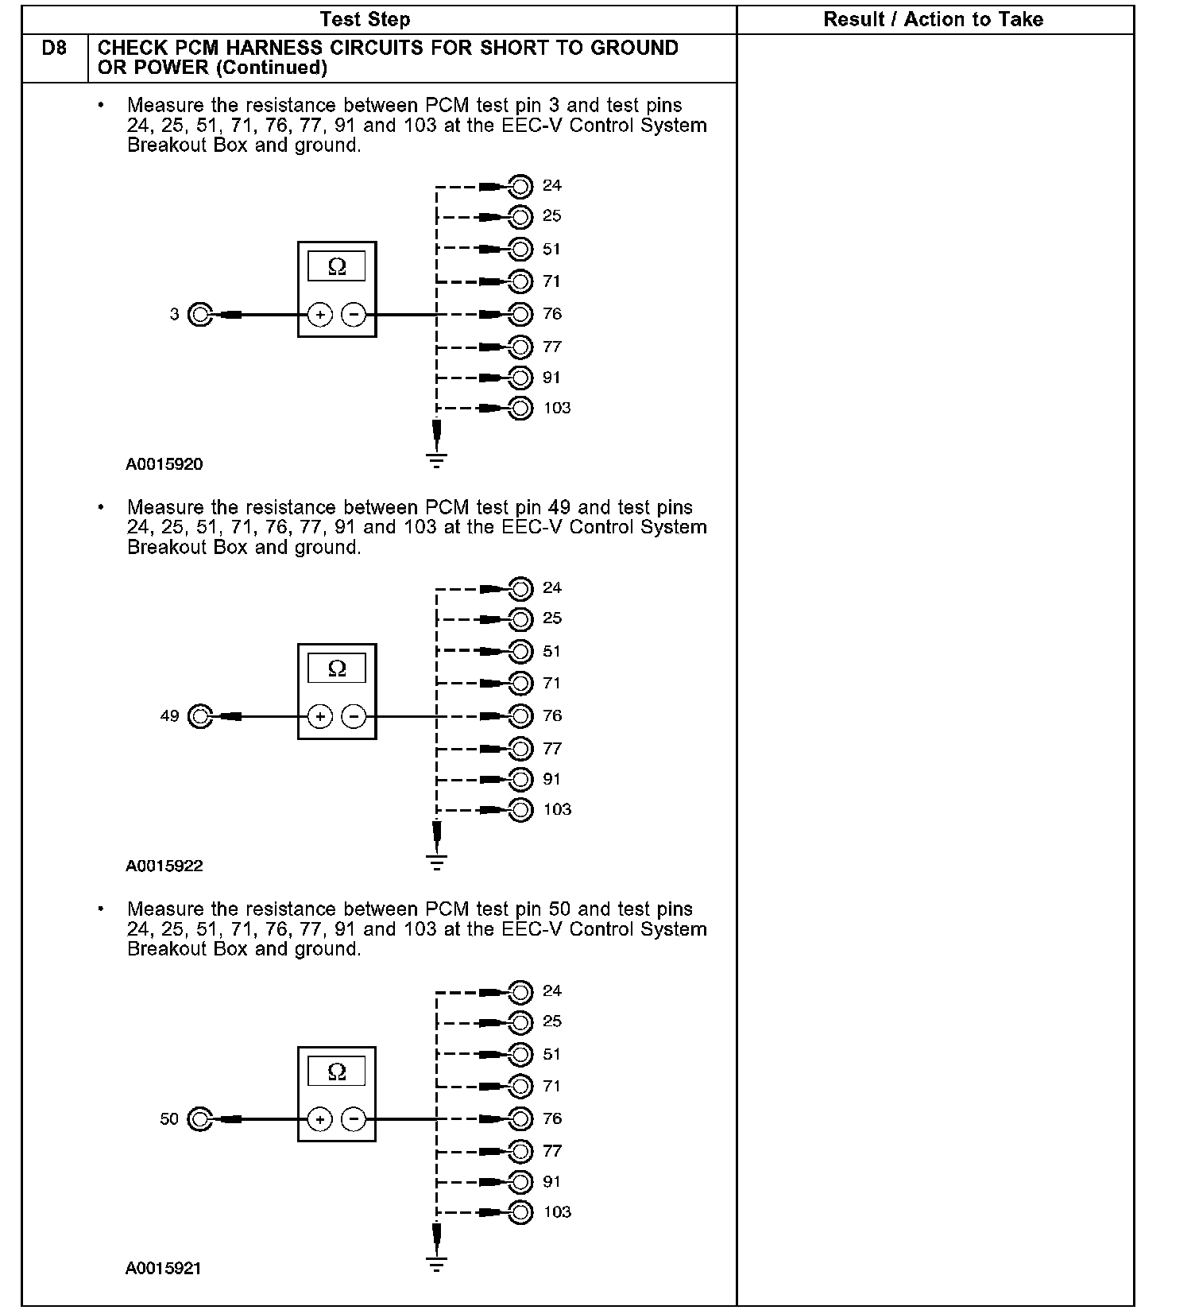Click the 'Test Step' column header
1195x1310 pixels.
[x=365, y=20]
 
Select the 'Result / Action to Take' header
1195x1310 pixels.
[x=933, y=20]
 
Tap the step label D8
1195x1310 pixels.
[x=54, y=48]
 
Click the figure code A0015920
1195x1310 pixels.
[x=164, y=464]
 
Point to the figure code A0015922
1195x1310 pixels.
[x=164, y=866]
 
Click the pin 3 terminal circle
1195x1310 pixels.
[x=200, y=315]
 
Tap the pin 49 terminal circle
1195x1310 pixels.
[x=200, y=716]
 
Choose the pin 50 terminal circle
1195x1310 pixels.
[x=199, y=1119]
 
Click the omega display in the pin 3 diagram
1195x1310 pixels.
[x=337, y=267]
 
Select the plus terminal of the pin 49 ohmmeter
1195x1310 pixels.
[x=319, y=717]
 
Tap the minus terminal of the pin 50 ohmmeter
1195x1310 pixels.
[x=354, y=1119]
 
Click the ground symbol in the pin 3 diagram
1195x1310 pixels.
[x=436, y=459]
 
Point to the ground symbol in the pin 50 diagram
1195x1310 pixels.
[x=436, y=1263]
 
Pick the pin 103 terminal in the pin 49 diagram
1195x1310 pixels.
[x=520, y=810]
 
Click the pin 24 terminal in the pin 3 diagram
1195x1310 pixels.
[x=520, y=187]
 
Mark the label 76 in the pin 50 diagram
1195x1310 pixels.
[x=552, y=1118]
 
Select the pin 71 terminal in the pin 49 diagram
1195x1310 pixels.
[x=520, y=683]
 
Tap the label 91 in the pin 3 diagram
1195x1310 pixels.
[x=552, y=378]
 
